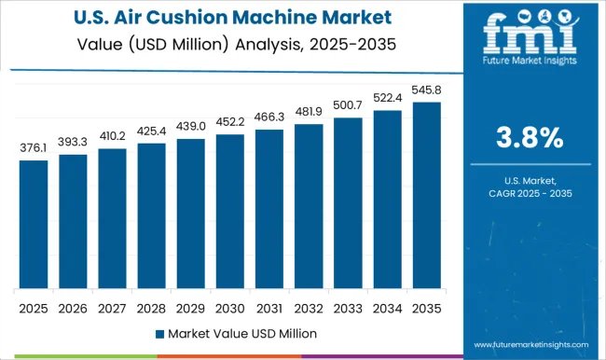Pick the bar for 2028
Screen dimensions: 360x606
tap(151, 215)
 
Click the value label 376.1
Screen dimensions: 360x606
tap(34, 149)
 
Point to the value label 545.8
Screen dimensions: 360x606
tap(427, 91)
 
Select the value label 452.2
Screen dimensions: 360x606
tap(230, 123)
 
